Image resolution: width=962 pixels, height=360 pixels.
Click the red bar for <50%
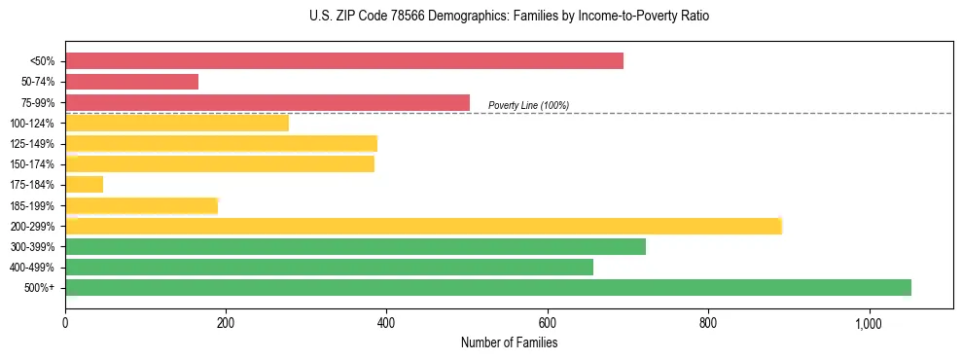point(344,61)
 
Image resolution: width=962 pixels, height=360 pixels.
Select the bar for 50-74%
point(131,82)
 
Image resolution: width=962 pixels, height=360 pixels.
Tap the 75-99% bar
point(267,102)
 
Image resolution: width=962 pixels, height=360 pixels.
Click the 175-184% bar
point(84,184)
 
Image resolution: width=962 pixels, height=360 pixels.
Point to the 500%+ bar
point(488,287)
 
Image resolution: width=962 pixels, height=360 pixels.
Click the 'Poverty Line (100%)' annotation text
point(528,105)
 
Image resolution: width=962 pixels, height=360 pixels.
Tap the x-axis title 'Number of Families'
point(509,342)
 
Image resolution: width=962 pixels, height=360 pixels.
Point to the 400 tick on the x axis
point(386,323)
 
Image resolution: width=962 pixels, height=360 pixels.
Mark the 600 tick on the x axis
point(547,323)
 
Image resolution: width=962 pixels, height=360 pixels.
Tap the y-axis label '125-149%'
point(33,144)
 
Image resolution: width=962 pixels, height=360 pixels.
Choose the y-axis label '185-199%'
point(33,205)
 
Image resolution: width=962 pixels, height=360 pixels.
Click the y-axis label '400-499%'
point(33,268)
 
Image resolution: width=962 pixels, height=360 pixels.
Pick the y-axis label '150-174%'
point(33,164)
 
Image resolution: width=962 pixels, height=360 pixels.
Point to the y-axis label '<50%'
point(43,61)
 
